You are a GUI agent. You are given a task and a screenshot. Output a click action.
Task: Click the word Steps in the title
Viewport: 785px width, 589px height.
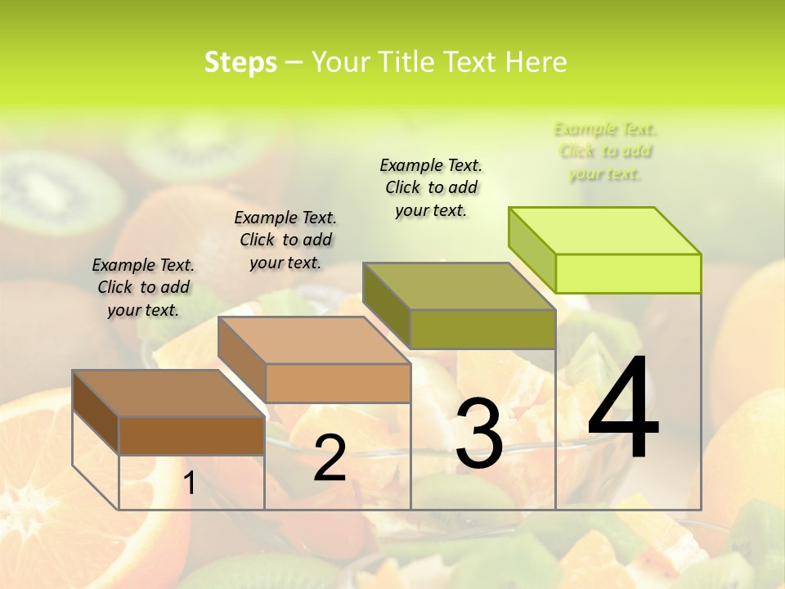pyautogui.click(x=240, y=62)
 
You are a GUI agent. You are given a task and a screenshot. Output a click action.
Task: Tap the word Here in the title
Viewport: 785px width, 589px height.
pyautogui.click(x=536, y=62)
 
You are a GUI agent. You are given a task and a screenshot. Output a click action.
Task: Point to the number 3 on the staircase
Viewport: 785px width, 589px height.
pyautogui.click(x=478, y=434)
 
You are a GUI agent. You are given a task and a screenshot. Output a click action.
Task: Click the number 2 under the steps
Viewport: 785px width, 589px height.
pyautogui.click(x=330, y=458)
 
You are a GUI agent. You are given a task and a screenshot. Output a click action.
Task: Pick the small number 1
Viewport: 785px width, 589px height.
pyautogui.click(x=189, y=483)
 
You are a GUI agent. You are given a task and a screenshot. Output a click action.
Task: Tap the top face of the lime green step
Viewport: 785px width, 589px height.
pyautogui.click(x=605, y=230)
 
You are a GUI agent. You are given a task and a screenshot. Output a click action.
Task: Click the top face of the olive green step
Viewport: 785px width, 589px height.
pyautogui.click(x=459, y=286)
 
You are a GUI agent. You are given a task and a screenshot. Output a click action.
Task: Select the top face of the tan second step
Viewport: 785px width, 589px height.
pyautogui.click(x=314, y=340)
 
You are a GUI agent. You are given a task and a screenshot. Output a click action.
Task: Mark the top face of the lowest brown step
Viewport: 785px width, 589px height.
pyautogui.click(x=168, y=393)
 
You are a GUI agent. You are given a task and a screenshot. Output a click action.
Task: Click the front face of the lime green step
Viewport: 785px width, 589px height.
pyautogui.click(x=628, y=273)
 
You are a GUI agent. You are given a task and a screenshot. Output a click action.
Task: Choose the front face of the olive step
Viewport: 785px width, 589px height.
pyautogui.click(x=482, y=329)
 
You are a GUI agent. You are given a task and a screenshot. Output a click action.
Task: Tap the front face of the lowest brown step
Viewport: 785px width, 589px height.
pyautogui.click(x=191, y=435)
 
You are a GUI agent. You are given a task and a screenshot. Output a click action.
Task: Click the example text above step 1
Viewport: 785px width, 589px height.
pyautogui.click(x=143, y=287)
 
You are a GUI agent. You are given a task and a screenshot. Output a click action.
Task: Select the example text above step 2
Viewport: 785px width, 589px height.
pyautogui.click(x=285, y=240)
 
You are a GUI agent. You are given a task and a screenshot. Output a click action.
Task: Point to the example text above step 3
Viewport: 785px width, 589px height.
pyautogui.click(x=431, y=187)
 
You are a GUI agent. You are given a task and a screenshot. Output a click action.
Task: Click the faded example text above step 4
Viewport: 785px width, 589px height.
pyautogui.click(x=605, y=151)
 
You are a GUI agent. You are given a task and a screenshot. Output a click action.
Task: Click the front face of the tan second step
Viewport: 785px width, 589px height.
pyautogui.click(x=338, y=383)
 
